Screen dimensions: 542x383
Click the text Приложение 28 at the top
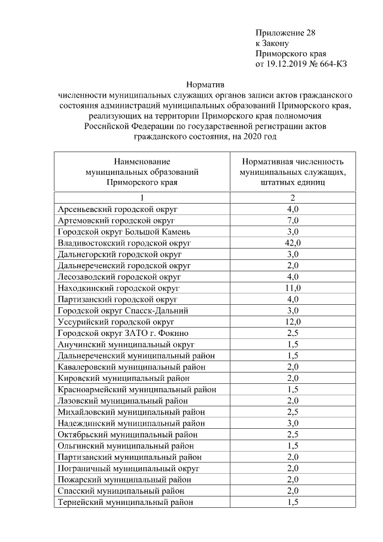[285, 32]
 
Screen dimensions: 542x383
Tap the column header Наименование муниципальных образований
[142, 172]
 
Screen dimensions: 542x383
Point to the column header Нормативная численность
[293, 162]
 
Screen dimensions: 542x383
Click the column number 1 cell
[142, 198]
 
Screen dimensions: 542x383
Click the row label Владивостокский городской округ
[124, 243]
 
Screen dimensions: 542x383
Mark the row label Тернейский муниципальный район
[125, 502]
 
